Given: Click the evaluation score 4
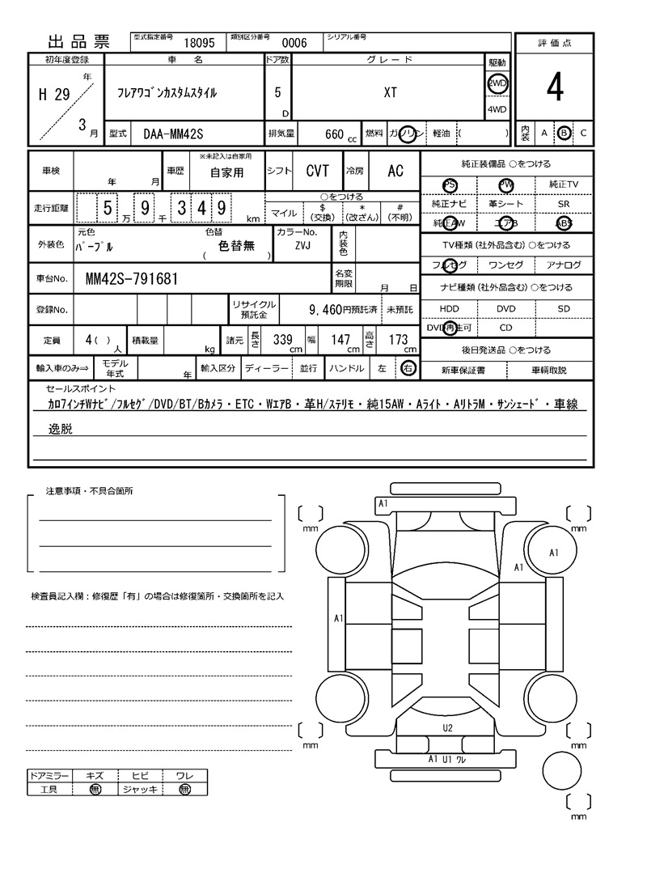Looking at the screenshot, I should [554, 89].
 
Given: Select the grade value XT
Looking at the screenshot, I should [390, 93].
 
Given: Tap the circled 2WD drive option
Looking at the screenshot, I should [497, 83].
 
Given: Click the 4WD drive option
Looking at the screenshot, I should [497, 110].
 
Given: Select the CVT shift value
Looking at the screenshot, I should [317, 171].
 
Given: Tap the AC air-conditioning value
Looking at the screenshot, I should [395, 171].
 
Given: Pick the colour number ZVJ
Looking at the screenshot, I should [302, 245].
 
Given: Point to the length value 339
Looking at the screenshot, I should [282, 341].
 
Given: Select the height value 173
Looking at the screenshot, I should [398, 341].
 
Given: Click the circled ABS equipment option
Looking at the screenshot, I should [563, 224].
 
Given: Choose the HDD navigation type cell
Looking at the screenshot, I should [449, 308].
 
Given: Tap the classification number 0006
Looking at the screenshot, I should [294, 44].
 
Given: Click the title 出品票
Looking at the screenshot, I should [78, 43].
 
